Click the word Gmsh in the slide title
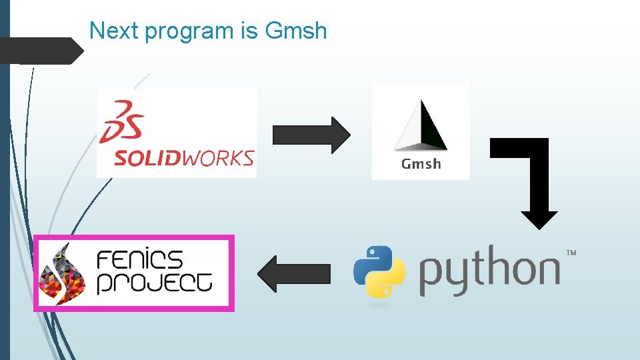tap(296, 31)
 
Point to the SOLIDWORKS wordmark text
tap(183, 158)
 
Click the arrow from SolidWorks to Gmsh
tap(311, 135)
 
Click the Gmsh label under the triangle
tap(421, 164)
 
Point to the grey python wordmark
tap(489, 271)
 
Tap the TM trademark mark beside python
tap(571, 253)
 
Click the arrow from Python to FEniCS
tap(294, 274)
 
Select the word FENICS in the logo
tap(140, 259)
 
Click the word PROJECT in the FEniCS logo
tap(155, 283)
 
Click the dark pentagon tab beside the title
tap(40, 51)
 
